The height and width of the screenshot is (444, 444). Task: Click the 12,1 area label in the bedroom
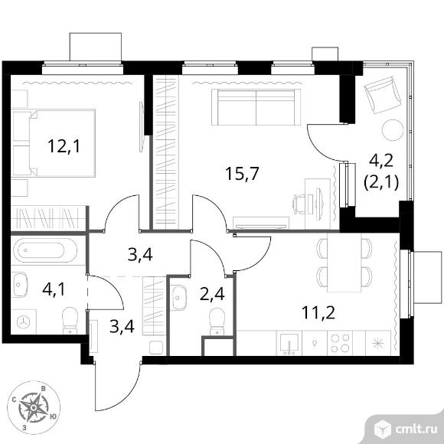(x=64, y=146)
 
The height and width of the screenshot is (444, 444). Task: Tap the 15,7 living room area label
(x=242, y=174)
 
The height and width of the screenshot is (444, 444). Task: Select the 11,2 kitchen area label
(x=318, y=312)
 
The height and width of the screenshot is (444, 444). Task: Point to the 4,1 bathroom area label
(x=54, y=289)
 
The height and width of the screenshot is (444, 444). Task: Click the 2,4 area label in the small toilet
(x=212, y=294)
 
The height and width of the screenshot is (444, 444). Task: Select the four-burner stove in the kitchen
(x=340, y=343)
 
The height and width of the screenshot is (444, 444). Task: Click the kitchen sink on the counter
(x=289, y=343)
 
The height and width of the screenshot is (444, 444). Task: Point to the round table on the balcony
(x=393, y=129)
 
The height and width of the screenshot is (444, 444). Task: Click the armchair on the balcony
(x=383, y=95)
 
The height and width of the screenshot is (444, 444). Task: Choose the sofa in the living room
(x=256, y=107)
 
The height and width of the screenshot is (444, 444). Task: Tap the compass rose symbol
(x=34, y=407)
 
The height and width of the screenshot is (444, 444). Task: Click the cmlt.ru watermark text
(x=416, y=430)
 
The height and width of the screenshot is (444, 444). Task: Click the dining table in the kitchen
(x=344, y=263)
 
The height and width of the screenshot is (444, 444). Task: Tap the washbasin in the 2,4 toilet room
(x=178, y=298)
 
